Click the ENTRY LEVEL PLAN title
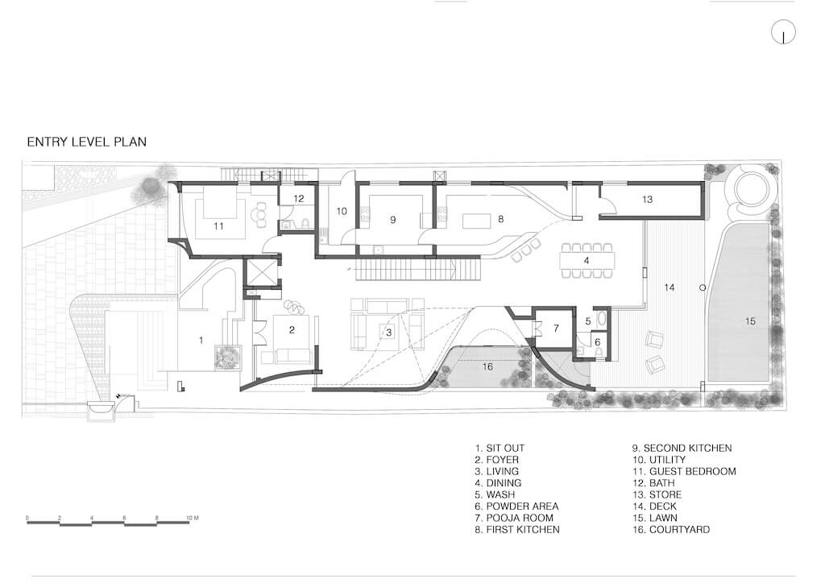pyautogui.click(x=87, y=142)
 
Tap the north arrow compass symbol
pyautogui.click(x=783, y=32)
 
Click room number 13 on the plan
pyautogui.click(x=647, y=199)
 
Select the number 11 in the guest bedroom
pyautogui.click(x=218, y=226)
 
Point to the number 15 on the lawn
pyautogui.click(x=750, y=320)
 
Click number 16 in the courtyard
pyautogui.click(x=487, y=366)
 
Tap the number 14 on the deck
pyautogui.click(x=670, y=287)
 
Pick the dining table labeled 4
pyautogui.click(x=587, y=260)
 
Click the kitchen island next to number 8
pyautogui.click(x=477, y=221)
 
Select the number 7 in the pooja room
pyautogui.click(x=556, y=329)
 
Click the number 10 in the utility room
pyautogui.click(x=342, y=211)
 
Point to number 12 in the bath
pyautogui.click(x=299, y=199)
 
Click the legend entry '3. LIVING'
pyautogui.click(x=496, y=472)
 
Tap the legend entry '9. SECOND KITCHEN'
pyautogui.click(x=682, y=449)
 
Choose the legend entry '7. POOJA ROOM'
pyautogui.click(x=514, y=518)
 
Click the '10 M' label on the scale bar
pyautogui.click(x=193, y=519)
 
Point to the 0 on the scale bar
pyautogui.click(x=27, y=519)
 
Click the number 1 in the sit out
pyautogui.click(x=201, y=341)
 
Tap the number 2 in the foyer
pyautogui.click(x=292, y=330)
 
